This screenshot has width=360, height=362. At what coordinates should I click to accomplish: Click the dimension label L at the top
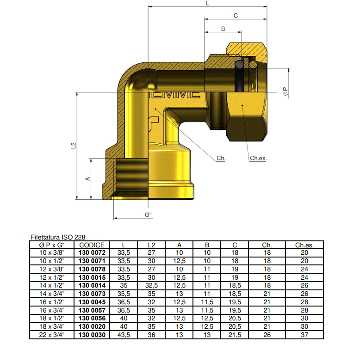pyautogui.click(x=208, y=3)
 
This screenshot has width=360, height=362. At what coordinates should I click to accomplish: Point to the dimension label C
pyautogui.click(x=235, y=16)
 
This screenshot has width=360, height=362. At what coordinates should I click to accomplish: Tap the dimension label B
pyautogui.click(x=223, y=29)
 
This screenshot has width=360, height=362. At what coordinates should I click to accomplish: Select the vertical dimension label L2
pyautogui.click(x=74, y=145)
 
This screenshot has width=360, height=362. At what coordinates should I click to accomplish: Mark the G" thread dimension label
pyautogui.click(x=149, y=215)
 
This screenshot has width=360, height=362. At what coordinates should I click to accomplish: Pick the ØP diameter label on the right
pyautogui.click(x=286, y=92)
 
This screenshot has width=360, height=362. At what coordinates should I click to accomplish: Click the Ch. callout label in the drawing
pyautogui.click(x=221, y=158)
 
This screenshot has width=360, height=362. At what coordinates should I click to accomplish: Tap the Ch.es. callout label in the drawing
pyautogui.click(x=258, y=158)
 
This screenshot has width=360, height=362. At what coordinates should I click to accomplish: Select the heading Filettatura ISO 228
pyautogui.click(x=58, y=237)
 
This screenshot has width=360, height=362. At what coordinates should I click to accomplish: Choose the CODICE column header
pyautogui.click(x=92, y=245)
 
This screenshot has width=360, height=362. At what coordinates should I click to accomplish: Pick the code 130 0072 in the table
pyautogui.click(x=92, y=253)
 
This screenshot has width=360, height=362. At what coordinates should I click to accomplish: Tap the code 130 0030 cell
pyautogui.click(x=92, y=335)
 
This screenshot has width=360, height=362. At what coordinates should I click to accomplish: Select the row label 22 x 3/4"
pyautogui.click(x=52, y=335)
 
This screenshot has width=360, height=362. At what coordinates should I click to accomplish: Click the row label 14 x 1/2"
pyautogui.click(x=52, y=286)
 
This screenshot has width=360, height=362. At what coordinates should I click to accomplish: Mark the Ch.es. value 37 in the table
pyautogui.click(x=304, y=335)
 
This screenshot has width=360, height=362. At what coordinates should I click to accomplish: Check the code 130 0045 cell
pyautogui.click(x=92, y=302)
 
